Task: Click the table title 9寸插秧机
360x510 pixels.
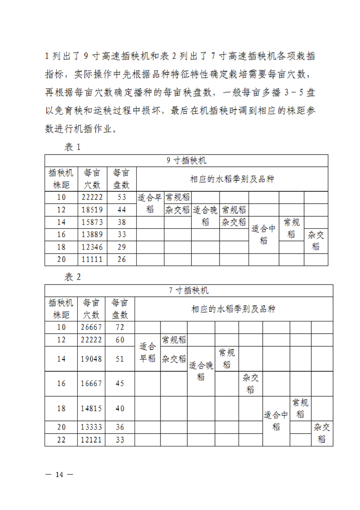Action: (x=186, y=160)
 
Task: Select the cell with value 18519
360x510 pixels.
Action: (x=92, y=210)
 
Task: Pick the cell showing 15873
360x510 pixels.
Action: (x=92, y=222)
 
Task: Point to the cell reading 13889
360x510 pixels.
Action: (x=92, y=235)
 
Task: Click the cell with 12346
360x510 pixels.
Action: (x=92, y=247)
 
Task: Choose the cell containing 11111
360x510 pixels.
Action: (x=92, y=260)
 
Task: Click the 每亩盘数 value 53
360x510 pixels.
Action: (x=121, y=197)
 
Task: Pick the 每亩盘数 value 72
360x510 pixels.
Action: (x=120, y=327)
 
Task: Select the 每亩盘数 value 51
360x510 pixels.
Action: (x=120, y=359)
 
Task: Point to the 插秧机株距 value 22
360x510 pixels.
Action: (x=61, y=440)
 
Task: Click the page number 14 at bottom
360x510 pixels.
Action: (x=60, y=475)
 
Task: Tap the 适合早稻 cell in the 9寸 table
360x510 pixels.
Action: (x=150, y=203)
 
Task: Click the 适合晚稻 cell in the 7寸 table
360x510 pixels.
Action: (x=201, y=371)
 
